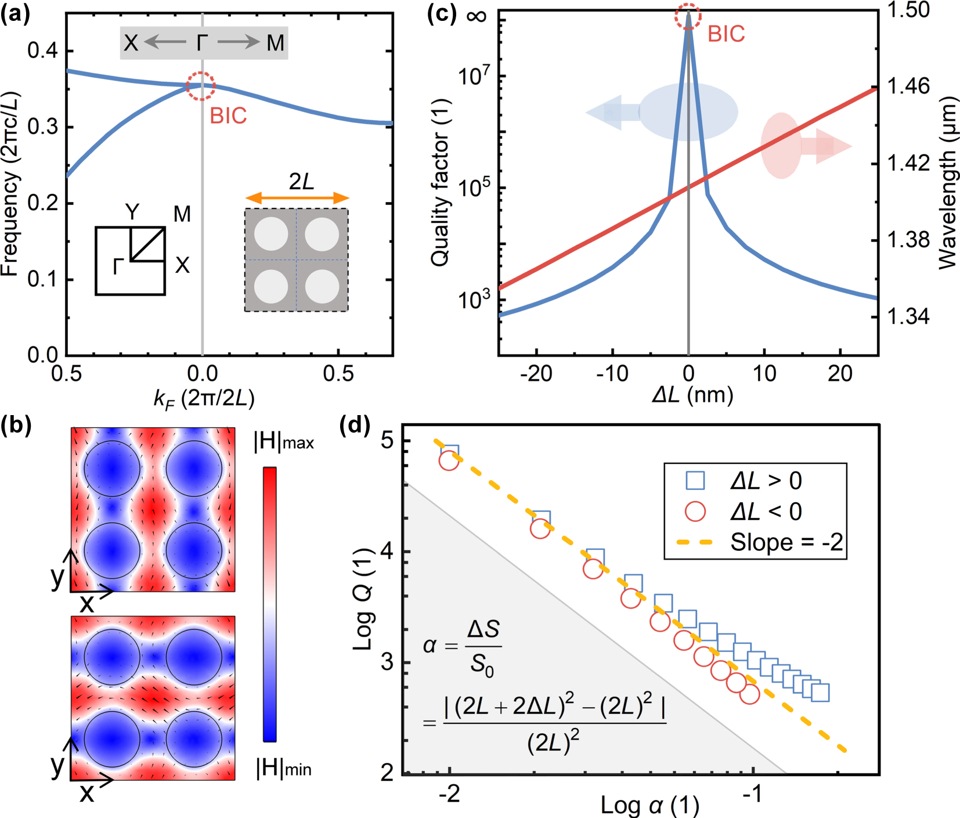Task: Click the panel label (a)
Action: (x=15, y=13)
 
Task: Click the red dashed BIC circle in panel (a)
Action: (x=201, y=86)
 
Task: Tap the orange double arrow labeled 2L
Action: (x=297, y=199)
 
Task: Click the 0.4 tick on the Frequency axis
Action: (x=42, y=51)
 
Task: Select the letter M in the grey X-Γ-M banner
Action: (x=275, y=43)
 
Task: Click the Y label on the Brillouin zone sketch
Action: (x=132, y=212)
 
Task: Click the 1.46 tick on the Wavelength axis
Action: (x=908, y=87)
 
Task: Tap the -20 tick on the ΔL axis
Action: (x=536, y=374)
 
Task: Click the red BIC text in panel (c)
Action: (x=726, y=34)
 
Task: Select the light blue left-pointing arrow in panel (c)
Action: (x=612, y=112)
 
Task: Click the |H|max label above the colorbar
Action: (x=284, y=442)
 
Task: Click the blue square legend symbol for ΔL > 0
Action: (x=695, y=481)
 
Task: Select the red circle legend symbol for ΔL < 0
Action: (x=695, y=511)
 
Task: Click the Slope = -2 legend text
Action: (x=786, y=542)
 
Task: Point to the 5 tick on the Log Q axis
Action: (x=387, y=440)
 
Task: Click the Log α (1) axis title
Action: (x=649, y=806)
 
